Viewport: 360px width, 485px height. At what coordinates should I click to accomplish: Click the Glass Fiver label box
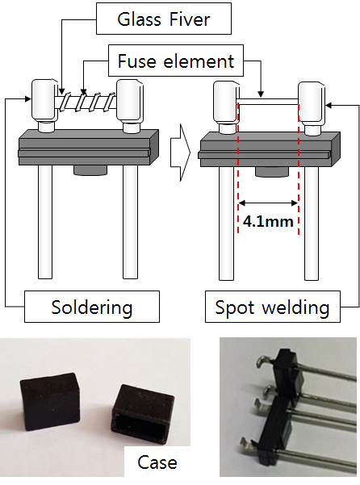[164, 19]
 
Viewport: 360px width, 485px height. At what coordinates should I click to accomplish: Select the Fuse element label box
[176, 61]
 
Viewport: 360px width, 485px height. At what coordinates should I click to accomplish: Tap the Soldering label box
[92, 307]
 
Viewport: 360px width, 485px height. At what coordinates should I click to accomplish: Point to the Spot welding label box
[273, 307]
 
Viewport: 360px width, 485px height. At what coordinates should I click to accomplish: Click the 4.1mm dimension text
[268, 221]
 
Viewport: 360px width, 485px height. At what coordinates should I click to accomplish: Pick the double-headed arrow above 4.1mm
[268, 203]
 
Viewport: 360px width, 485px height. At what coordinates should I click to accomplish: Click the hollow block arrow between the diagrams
[180, 153]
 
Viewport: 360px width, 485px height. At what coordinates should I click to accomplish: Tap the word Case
[157, 462]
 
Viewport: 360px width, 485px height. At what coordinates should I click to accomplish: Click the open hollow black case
[141, 412]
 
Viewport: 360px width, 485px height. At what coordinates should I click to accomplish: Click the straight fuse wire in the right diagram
[268, 102]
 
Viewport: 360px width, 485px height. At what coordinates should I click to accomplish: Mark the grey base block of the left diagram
[89, 147]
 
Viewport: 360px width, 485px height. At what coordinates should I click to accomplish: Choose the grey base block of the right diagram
[269, 149]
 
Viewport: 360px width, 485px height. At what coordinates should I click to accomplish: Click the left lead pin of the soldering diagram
[45, 222]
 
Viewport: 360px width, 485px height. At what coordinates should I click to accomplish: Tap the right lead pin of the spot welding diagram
[311, 224]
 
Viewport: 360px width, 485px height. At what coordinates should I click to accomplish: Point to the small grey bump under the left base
[90, 169]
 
